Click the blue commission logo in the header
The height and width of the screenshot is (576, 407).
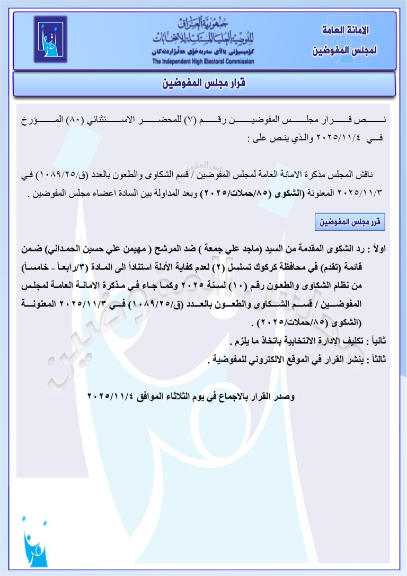point(51,39)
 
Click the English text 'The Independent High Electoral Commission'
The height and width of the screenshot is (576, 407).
point(203,62)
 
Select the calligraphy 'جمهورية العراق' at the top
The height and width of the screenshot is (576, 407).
point(203,23)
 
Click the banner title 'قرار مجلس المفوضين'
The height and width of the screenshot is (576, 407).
point(204,84)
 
